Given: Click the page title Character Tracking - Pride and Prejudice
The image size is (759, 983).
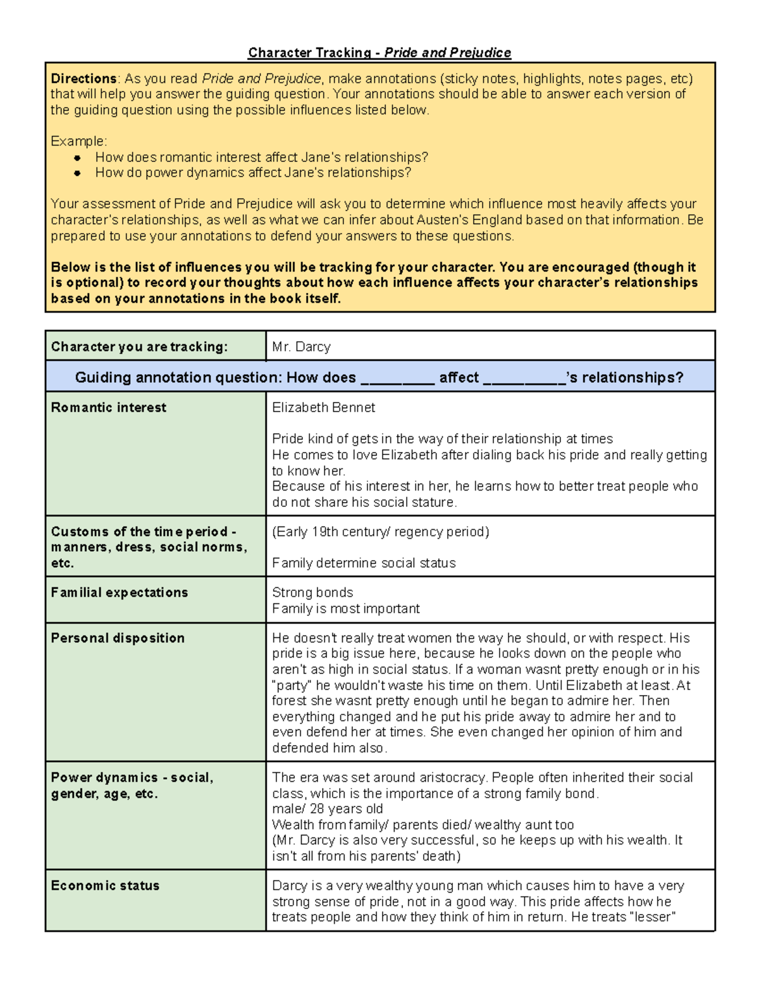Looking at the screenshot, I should (379, 53).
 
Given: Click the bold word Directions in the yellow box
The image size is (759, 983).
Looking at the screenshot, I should (83, 79).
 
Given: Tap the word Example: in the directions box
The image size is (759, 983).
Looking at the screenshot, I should (79, 141).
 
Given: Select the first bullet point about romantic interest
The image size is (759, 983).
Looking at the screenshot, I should (261, 157).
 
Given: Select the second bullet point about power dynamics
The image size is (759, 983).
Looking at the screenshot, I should (253, 173).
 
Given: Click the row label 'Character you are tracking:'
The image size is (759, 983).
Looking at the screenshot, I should (139, 347).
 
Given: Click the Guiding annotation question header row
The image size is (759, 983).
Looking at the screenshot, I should (379, 378).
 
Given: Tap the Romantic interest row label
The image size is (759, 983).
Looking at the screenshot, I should (109, 408).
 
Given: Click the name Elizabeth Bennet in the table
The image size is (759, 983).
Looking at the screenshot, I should (323, 408).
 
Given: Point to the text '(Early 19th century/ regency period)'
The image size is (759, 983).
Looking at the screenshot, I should (380, 532).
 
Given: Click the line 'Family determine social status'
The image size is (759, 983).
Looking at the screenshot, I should (364, 563).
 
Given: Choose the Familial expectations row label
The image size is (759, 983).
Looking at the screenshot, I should (120, 592).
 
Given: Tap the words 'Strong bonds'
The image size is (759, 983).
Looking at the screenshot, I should (312, 592).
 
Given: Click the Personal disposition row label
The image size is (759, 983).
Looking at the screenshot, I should (118, 638).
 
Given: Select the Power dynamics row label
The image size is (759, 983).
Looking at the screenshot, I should (132, 785).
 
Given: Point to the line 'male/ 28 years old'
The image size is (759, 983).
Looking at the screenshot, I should (327, 809).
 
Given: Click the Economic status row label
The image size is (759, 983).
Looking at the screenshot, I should (105, 886).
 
